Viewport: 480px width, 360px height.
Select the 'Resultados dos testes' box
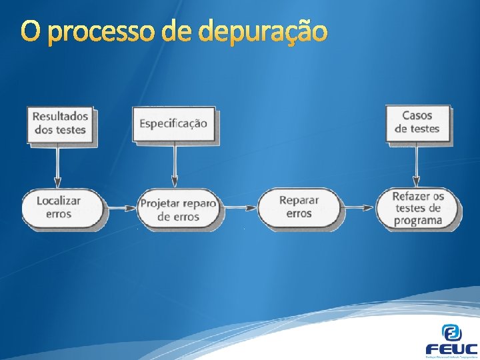60,123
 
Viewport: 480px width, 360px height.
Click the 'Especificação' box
173,123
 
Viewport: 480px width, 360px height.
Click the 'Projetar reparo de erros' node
179,209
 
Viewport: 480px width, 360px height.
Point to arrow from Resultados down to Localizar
57,167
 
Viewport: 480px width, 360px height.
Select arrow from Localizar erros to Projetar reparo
122,207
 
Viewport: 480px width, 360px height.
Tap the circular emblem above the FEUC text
451,331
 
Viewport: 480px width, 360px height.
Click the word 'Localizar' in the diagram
59,200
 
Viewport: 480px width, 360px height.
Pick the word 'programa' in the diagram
418,220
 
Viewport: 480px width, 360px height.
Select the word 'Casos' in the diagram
417,115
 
